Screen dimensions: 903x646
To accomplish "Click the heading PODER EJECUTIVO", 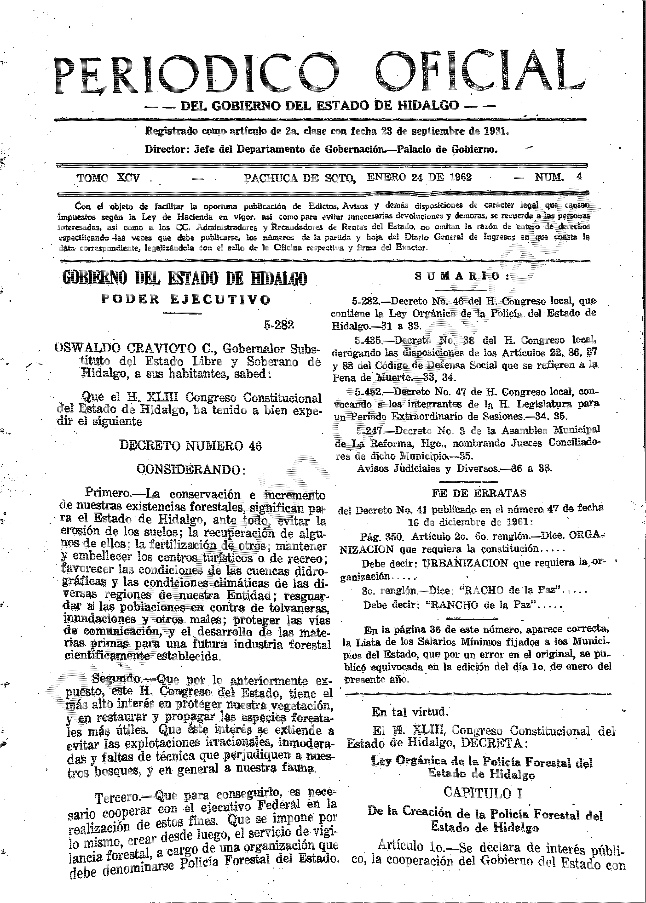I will point(186,299).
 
